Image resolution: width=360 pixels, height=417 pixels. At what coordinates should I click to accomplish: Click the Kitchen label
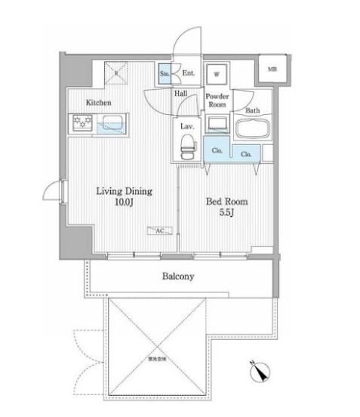[99, 102]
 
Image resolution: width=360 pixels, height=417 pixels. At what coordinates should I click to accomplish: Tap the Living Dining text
[124, 192]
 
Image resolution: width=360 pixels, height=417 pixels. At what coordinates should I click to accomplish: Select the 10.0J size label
[125, 203]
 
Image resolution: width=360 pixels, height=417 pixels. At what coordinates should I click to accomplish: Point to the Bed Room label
[227, 202]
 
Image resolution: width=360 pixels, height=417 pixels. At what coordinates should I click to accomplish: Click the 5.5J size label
[227, 214]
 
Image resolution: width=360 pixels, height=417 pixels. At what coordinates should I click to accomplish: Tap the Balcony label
[178, 276]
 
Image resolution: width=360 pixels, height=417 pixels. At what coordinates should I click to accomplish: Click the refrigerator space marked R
[115, 73]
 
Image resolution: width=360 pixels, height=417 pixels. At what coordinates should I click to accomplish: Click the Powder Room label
[218, 101]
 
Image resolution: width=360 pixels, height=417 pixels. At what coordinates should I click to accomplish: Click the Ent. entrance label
[189, 73]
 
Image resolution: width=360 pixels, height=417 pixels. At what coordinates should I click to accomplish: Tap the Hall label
[181, 94]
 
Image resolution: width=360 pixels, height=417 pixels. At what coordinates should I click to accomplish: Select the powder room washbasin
[218, 123]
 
